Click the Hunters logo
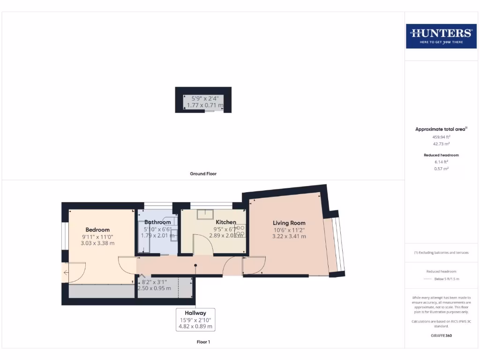coord(441,36)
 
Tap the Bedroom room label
coord(97,230)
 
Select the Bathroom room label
coord(157,222)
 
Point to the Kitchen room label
coord(226,222)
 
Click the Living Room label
coord(289,223)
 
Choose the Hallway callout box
coord(195,319)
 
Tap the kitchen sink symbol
coord(205,214)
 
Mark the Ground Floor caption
coord(203,173)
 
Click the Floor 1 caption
coord(203,342)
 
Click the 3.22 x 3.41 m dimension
coord(289,237)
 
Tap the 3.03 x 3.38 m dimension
coord(97,243)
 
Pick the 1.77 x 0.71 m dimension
coord(205,105)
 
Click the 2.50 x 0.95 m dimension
coord(155,289)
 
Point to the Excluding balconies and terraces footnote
coord(441,253)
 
